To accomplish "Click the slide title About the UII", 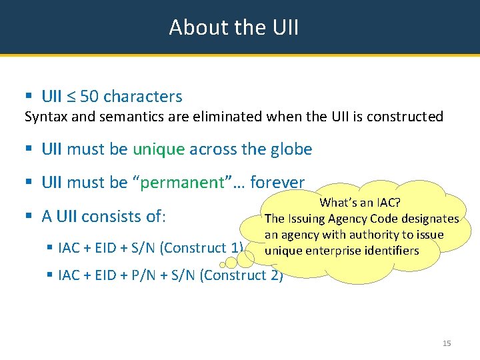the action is (234, 27).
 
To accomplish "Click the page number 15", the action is (447, 343).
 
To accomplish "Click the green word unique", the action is (159, 149).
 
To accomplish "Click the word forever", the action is (277, 183).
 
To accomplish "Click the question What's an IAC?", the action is (360, 203).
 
